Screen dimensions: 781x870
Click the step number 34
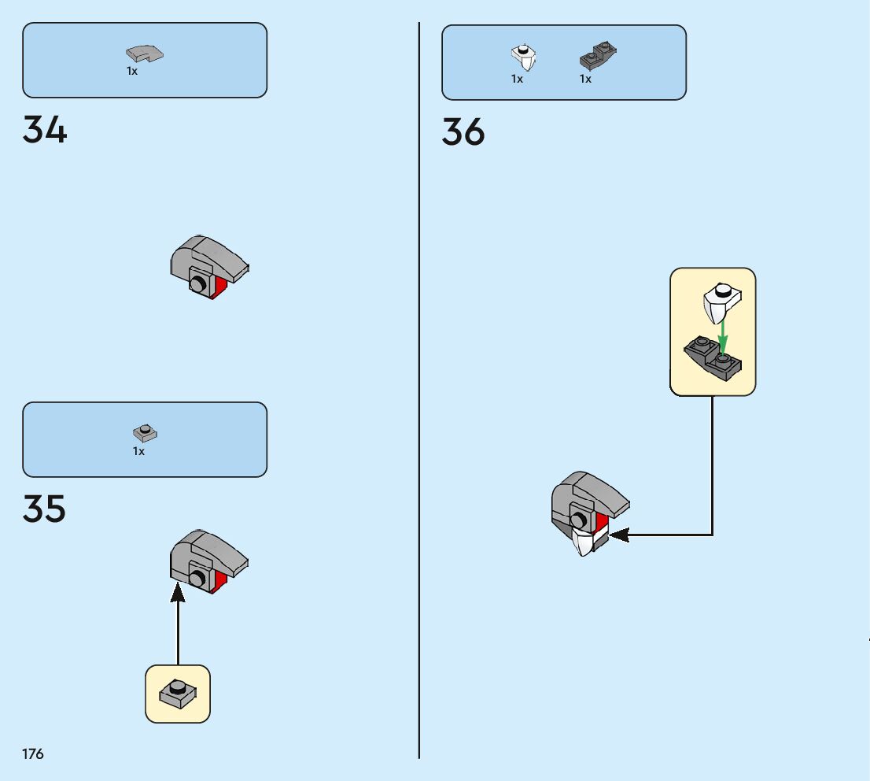[45, 130]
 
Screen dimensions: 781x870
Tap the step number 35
[45, 509]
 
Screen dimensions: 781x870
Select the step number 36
[463, 132]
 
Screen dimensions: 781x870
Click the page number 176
[33, 754]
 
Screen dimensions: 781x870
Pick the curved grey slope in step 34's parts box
[144, 54]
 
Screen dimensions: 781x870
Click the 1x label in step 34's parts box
[132, 72]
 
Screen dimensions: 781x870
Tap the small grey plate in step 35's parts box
[145, 432]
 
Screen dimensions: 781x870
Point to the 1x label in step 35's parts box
[138, 452]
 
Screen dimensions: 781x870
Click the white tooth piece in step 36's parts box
[523, 57]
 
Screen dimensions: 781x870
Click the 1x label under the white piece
[517, 80]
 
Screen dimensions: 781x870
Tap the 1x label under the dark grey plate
[585, 80]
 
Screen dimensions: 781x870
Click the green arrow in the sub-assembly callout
[723, 335]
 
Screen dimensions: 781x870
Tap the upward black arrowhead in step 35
[178, 592]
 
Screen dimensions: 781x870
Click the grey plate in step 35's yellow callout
[178, 693]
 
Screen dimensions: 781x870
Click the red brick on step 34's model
[220, 289]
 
